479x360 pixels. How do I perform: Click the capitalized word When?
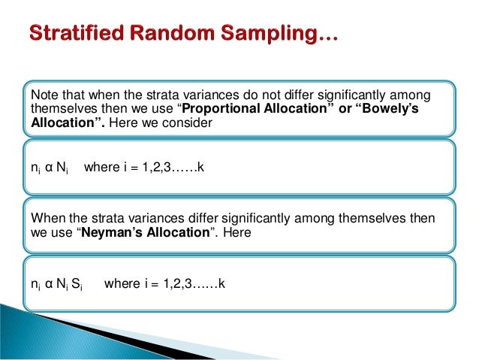coord(46,218)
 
